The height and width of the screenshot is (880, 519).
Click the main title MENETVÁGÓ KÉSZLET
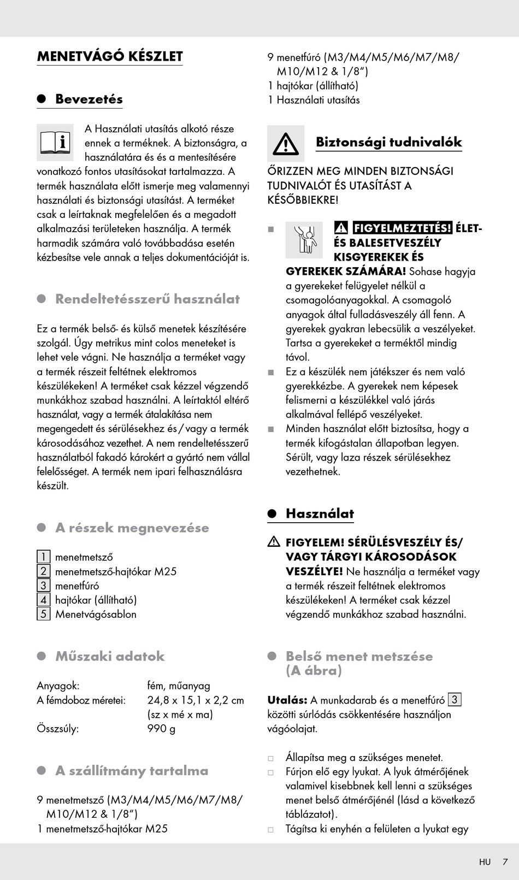pos(110,56)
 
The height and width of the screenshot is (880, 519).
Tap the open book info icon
pos(55,142)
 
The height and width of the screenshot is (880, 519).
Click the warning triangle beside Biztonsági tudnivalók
pos(286,143)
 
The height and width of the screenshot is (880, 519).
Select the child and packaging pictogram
pos(304,240)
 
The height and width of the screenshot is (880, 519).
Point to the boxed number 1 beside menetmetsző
pos(43,557)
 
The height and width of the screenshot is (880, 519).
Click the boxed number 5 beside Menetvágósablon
pos(43,613)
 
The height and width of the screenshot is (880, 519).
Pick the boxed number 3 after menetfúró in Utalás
pos(455,699)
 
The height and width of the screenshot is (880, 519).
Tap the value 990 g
pos(161,728)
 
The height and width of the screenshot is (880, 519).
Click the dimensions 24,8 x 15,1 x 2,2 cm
pos(196,700)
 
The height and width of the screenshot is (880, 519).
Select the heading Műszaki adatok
pos(110,656)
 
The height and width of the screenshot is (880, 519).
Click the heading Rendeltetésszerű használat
pos(148,299)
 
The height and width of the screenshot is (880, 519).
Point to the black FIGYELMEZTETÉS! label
pos(402,228)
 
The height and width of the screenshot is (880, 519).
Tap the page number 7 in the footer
pos(505,861)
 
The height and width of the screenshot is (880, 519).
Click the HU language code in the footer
pos(485,862)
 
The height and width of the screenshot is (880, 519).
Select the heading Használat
pos(320,513)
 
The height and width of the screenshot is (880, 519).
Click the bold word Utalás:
pos(287,700)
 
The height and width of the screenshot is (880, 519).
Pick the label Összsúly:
pos(57,728)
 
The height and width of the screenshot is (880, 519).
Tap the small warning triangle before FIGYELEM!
pos(274,542)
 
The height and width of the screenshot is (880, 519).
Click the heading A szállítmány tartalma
pos(132,771)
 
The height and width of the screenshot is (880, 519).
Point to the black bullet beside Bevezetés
pos(42,99)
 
